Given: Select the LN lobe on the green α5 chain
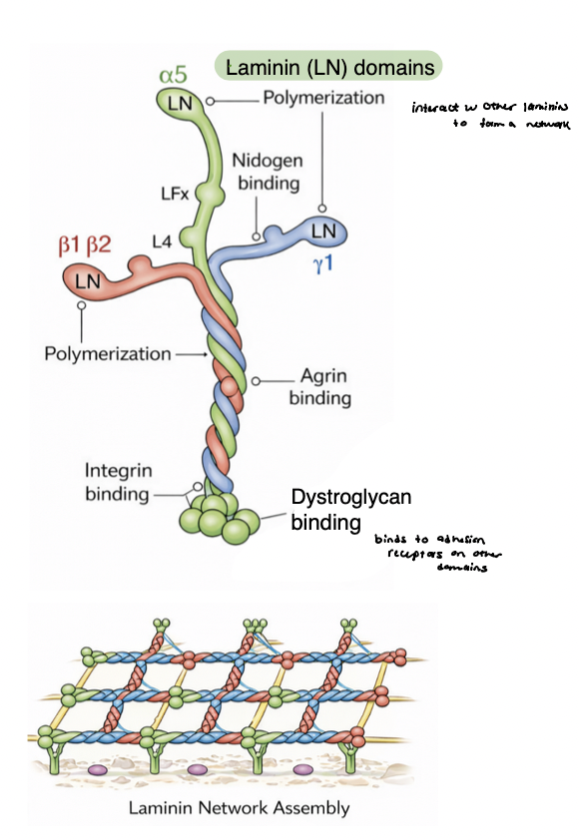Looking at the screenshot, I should (x=180, y=103).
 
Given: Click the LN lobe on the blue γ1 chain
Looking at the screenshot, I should (x=323, y=231).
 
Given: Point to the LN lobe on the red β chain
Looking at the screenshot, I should (x=89, y=280).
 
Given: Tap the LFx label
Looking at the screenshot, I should (x=175, y=193).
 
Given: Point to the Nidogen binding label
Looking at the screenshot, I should (x=268, y=172).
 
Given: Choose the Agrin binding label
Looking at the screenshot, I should (x=319, y=388).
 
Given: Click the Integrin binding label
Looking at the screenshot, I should (x=117, y=481).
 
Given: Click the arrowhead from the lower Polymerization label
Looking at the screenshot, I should (x=201, y=353).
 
